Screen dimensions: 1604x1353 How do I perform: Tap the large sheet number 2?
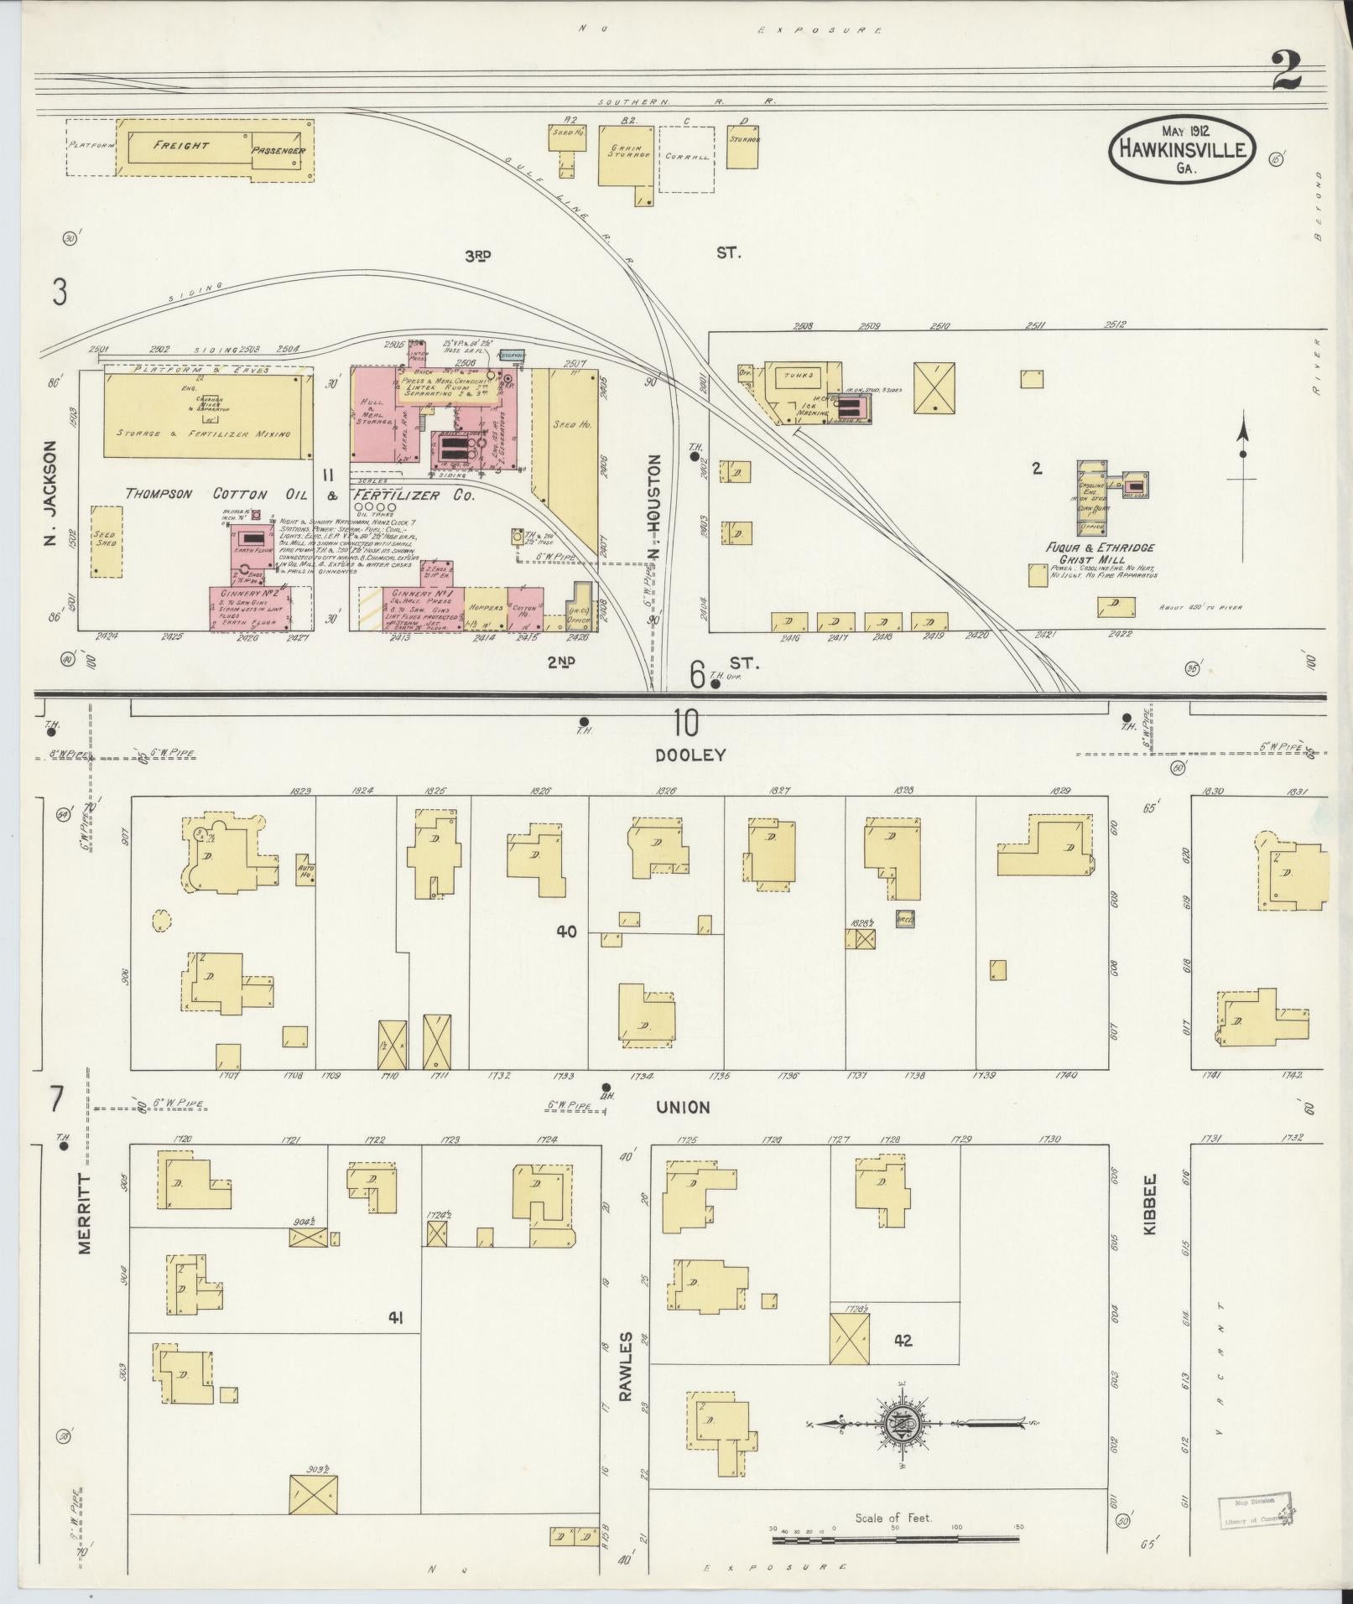pyautogui.click(x=1285, y=70)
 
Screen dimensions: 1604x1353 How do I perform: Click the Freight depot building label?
pyautogui.click(x=181, y=145)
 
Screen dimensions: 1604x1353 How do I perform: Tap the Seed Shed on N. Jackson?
pyautogui.click(x=106, y=540)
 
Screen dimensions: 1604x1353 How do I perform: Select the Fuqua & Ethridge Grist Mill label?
pyautogui.click(x=1087, y=553)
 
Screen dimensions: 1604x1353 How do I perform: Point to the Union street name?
pyautogui.click(x=683, y=1107)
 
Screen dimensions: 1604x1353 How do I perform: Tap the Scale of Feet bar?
pyautogui.click(x=895, y=1539)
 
